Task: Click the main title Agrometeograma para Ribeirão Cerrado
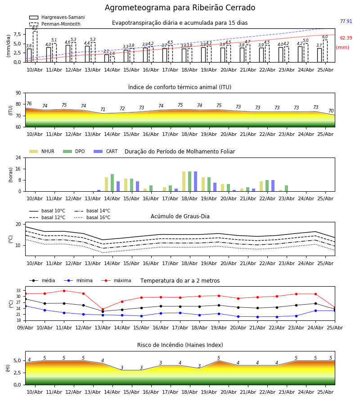tap(180, 8)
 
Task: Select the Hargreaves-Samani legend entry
tap(57, 17)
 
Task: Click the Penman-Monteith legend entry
tap(55, 24)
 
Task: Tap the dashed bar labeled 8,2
tap(35, 46)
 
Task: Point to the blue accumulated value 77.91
tap(346, 21)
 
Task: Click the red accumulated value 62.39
tap(346, 38)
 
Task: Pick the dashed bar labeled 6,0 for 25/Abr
tap(325, 51)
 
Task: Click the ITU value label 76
tap(29, 103)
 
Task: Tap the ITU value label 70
tap(331, 111)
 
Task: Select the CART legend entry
tap(106, 151)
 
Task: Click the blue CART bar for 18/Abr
tap(195, 181)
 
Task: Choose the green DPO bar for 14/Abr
tap(112, 183)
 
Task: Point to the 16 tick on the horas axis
tap(18, 169)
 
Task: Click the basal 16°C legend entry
tap(92, 217)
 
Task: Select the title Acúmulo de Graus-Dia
tap(180, 216)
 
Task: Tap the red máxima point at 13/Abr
tap(103, 309)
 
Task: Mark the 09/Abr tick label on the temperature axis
tap(25, 328)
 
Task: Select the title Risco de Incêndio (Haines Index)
tap(180, 345)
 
